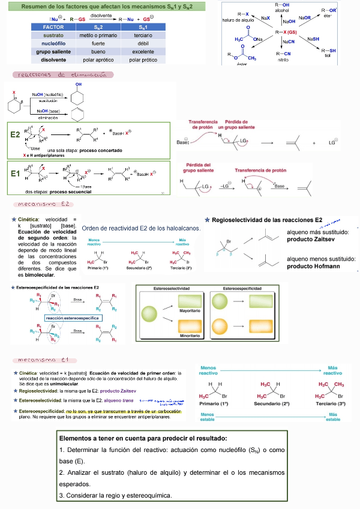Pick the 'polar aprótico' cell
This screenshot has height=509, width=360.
[98, 60]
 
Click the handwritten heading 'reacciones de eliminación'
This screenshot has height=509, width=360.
[62, 75]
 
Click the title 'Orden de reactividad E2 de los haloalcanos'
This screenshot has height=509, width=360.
[141, 227]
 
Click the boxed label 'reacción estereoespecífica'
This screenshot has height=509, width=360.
[73, 317]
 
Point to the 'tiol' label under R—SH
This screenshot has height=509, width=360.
[328, 55]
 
